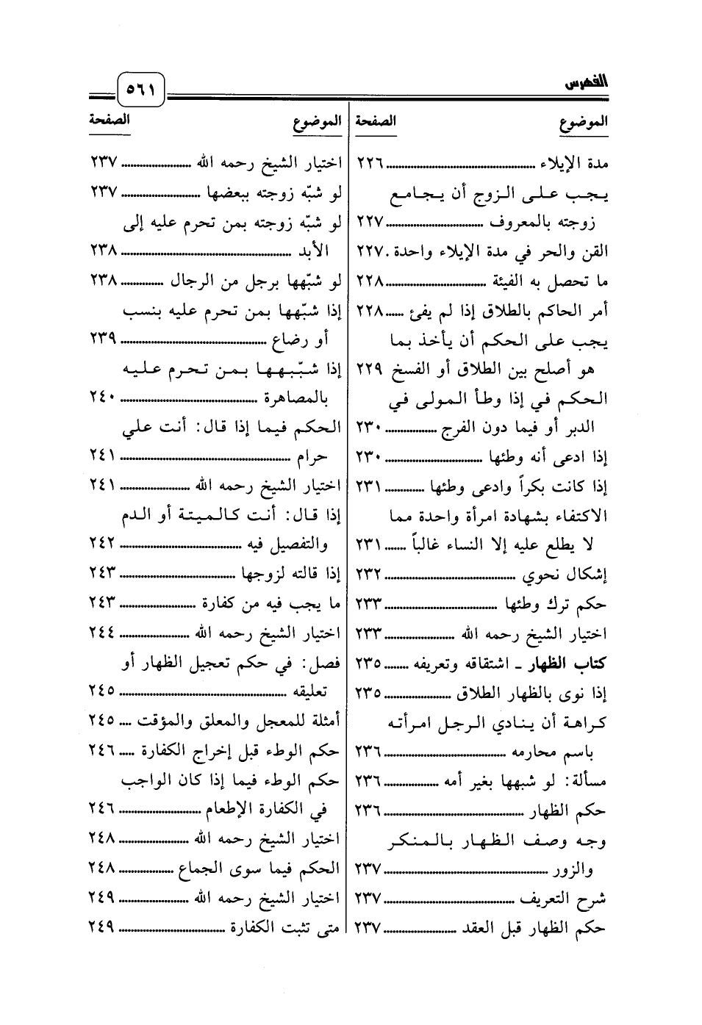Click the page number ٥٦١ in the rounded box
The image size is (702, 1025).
coord(141,92)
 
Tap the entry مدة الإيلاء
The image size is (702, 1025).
coord(576,162)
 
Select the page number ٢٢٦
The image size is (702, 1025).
coord(371,162)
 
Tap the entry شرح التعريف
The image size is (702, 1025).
coord(570,898)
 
